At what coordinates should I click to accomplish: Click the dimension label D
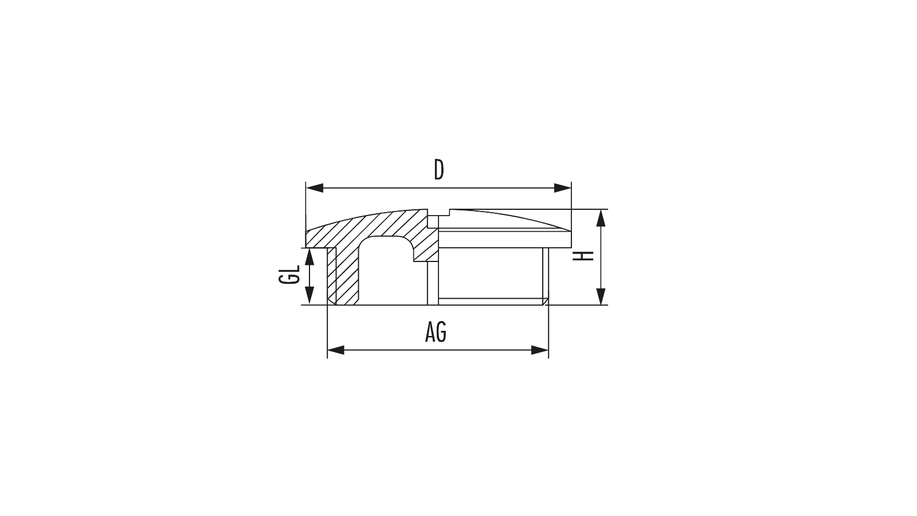(438, 170)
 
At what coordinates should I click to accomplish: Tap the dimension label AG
(436, 332)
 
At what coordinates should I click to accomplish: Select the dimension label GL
(289, 275)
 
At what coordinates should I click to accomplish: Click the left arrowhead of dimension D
(315, 188)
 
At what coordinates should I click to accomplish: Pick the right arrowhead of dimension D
(562, 188)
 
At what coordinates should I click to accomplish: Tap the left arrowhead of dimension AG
(336, 350)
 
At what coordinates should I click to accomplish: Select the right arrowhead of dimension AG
(540, 350)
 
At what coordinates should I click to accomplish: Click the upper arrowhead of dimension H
(601, 218)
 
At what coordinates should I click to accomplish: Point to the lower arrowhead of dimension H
(601, 296)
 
